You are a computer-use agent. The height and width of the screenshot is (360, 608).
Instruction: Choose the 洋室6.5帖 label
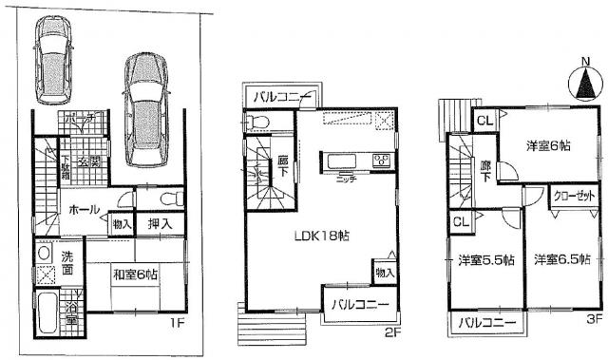(x=561, y=259)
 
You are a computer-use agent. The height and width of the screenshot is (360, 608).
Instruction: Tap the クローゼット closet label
(x=573, y=198)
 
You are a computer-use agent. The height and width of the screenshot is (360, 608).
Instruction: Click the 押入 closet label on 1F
(x=159, y=224)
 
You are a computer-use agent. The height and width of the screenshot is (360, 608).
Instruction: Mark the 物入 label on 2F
(x=384, y=273)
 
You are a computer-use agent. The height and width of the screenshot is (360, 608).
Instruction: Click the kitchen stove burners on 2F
(x=383, y=160)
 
